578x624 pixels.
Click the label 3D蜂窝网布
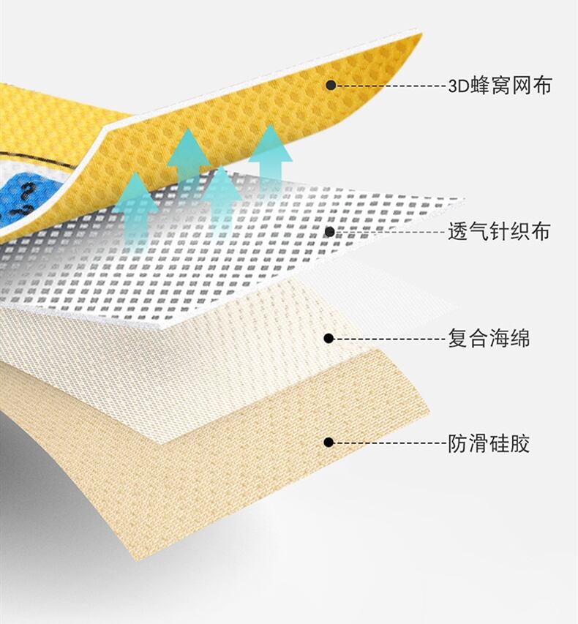tap(499, 86)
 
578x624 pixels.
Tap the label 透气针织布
tap(498, 233)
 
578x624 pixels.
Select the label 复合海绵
tap(488, 339)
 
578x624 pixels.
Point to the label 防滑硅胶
tap(488, 443)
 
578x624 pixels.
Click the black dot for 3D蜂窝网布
tap(331, 85)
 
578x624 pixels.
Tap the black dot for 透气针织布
tap(329, 232)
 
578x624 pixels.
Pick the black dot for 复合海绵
tap(329, 338)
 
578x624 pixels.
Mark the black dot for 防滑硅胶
tap(329, 442)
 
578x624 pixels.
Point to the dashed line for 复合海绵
tap(388, 338)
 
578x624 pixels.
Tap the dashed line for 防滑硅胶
tap(388, 442)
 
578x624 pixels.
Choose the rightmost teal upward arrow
tap(270, 154)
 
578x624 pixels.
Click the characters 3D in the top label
tap(457, 86)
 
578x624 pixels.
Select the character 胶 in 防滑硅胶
tap(520, 443)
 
